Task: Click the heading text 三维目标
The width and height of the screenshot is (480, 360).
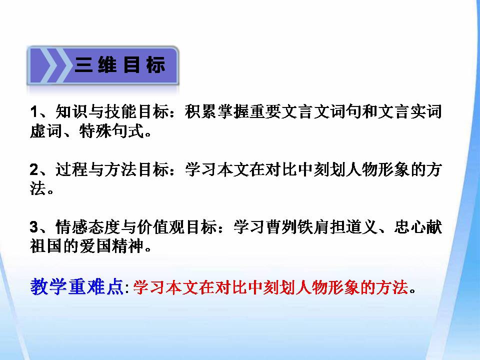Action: [x=120, y=65]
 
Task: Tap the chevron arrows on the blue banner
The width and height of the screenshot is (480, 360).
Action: [x=50, y=65]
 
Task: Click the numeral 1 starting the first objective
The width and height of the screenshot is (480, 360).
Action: [x=34, y=111]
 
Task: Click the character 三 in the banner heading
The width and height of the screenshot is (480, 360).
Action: [x=83, y=65]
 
